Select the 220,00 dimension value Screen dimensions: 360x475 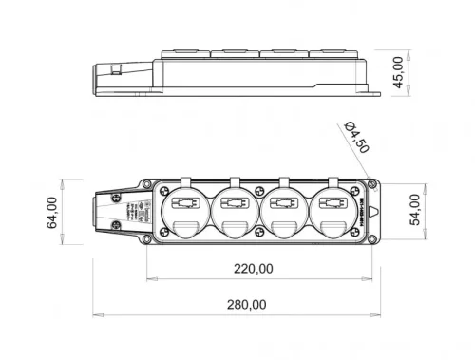(254, 269)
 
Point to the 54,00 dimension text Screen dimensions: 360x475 (415, 209)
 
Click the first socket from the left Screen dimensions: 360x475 (185, 210)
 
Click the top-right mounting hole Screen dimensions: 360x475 (374, 186)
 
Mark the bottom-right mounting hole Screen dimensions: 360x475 (374, 238)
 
